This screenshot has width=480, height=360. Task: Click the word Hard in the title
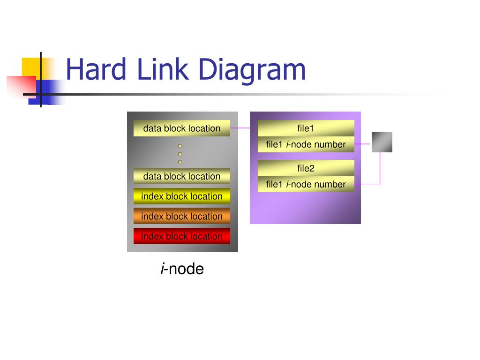[x=96, y=69]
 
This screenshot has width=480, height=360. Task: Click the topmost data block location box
[x=182, y=128]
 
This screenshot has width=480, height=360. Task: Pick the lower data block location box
[x=182, y=176]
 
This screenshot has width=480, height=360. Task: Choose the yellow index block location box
[x=182, y=196]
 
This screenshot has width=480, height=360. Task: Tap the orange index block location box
[x=182, y=216]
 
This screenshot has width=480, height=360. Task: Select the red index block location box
[x=182, y=236]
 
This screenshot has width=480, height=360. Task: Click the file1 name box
[x=306, y=128]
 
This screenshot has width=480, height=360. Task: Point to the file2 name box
[x=306, y=168]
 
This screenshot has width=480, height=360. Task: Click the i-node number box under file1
[x=306, y=144]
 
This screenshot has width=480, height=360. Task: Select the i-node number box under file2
[x=306, y=184]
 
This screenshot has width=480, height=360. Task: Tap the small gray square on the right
[x=382, y=142]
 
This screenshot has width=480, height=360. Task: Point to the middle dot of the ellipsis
[x=180, y=154]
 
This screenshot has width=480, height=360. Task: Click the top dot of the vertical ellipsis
[x=180, y=146]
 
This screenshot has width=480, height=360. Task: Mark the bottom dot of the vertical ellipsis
[x=180, y=162]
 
